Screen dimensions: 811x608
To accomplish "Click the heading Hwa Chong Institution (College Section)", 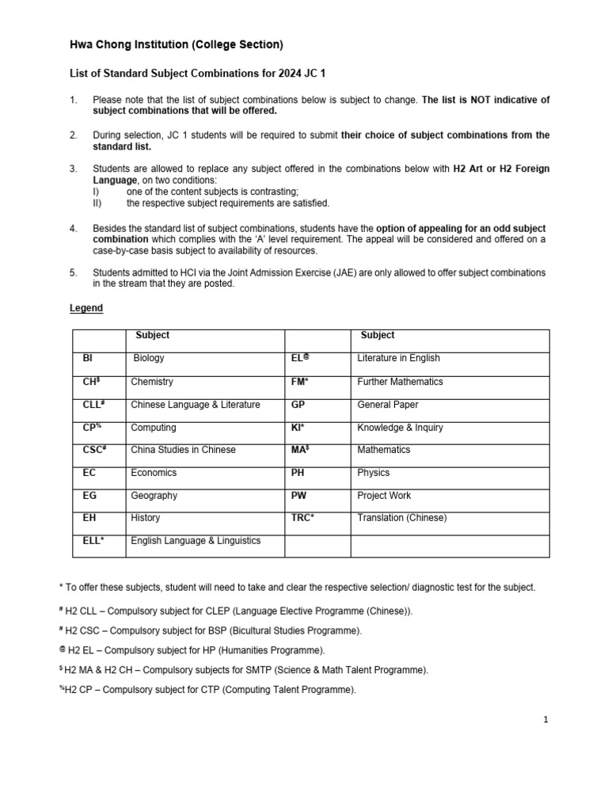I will click(177, 44).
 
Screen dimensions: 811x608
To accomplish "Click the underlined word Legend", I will click(86, 308).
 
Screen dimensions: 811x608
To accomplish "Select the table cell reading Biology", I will click(149, 358).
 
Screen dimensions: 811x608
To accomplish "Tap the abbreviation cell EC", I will click(89, 473).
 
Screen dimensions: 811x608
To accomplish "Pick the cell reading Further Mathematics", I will click(400, 382).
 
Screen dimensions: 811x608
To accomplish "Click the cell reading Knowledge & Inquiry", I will click(400, 428).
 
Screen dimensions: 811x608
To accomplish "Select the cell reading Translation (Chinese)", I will click(401, 518).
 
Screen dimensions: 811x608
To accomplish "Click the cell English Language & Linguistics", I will click(196, 541).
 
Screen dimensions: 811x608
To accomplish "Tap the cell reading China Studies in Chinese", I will click(183, 450).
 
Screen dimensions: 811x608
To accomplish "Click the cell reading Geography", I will click(154, 496).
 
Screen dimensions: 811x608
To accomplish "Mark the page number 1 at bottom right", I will click(545, 720).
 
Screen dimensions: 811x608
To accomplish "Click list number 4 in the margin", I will click(74, 228).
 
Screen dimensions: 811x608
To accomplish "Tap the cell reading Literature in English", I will click(398, 358).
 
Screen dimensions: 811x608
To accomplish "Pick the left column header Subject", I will click(152, 335).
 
